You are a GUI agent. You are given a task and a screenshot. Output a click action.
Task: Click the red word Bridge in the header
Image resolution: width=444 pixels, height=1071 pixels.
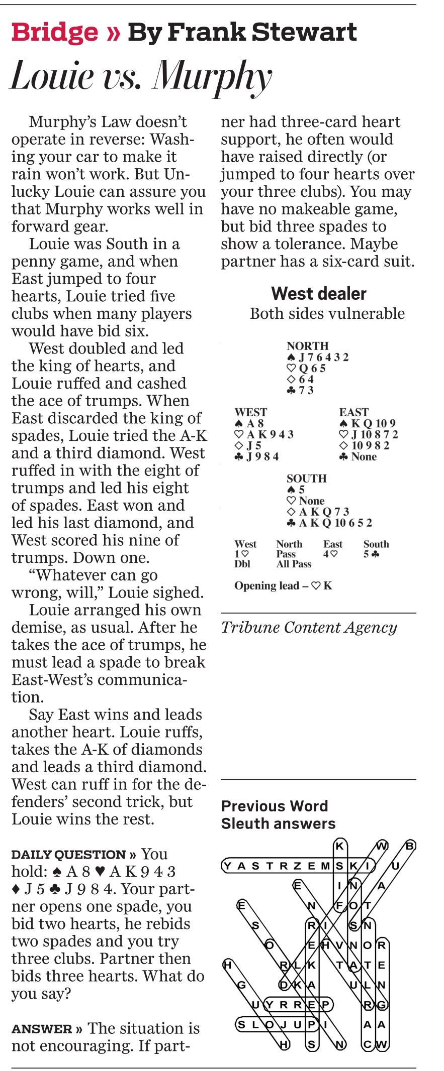pyautogui.click(x=55, y=33)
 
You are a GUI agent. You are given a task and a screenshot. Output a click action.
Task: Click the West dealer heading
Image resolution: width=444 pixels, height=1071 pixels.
pyautogui.click(x=319, y=293)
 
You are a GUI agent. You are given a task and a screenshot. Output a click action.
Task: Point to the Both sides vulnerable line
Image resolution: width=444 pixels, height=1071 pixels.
pyautogui.click(x=327, y=313)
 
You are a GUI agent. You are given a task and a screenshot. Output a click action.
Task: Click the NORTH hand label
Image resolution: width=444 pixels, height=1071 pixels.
pyautogui.click(x=307, y=346)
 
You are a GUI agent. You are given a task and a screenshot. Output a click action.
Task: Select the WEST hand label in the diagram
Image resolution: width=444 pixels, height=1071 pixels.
pyautogui.click(x=250, y=412)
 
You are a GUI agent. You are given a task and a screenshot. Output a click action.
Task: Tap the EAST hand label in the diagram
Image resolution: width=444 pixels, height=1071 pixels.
pyautogui.click(x=353, y=412)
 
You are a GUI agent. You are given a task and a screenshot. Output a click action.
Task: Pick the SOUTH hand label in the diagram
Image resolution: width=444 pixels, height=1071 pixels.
pyautogui.click(x=306, y=479)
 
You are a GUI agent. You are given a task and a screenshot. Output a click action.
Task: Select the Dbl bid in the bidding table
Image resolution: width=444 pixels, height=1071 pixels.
pyautogui.click(x=242, y=564)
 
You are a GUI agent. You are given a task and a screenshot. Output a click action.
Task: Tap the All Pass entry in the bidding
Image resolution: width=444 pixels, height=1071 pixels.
pyautogui.click(x=294, y=564)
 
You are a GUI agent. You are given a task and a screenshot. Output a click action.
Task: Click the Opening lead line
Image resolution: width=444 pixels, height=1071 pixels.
pyautogui.click(x=283, y=586)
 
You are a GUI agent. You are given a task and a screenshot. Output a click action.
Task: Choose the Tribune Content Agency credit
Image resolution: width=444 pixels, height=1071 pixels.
pyautogui.click(x=309, y=628)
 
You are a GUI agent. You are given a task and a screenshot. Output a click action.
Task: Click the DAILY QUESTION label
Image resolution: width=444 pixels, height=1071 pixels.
pyautogui.click(x=68, y=855)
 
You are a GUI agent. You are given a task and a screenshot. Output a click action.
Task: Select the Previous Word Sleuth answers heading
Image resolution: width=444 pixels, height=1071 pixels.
pyautogui.click(x=278, y=814)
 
